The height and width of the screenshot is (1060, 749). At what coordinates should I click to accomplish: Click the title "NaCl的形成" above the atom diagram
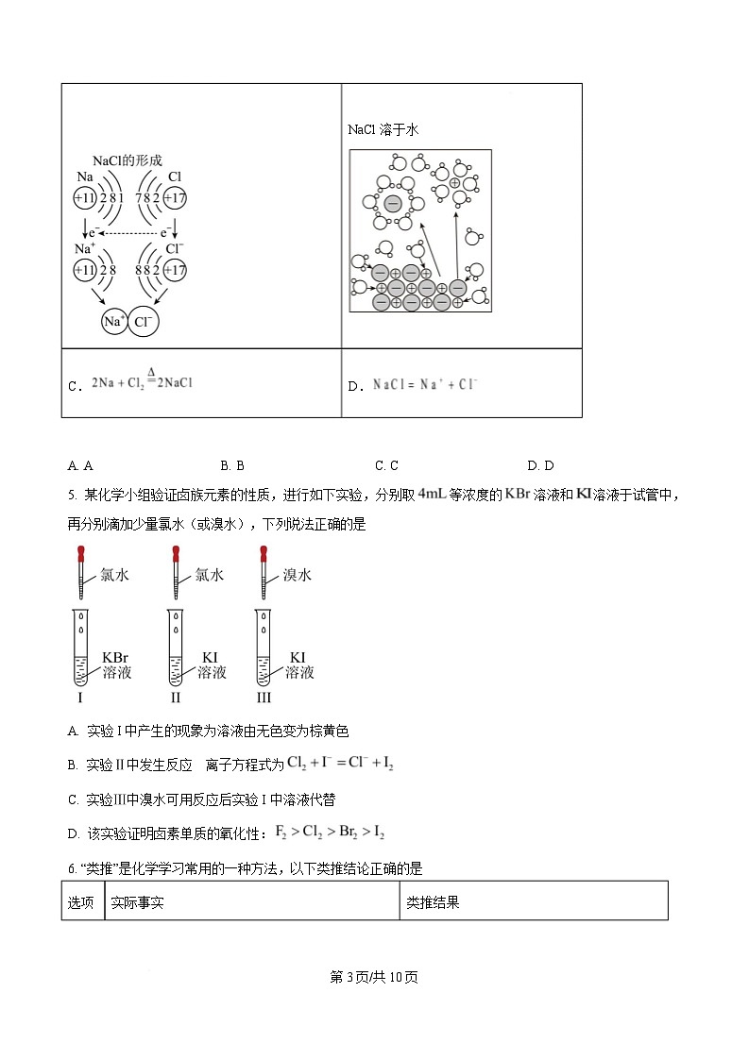pos(127,160)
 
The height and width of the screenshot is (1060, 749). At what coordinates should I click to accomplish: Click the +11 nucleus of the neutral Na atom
pos(85,198)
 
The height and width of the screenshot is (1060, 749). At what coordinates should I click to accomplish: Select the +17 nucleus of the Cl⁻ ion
pos(175,270)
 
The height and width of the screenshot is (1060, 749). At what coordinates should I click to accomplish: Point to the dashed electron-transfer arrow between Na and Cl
pos(128,232)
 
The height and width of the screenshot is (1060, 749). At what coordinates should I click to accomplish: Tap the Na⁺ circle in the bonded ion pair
pos(113,321)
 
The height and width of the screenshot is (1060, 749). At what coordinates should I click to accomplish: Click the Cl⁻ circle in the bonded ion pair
pos(143,321)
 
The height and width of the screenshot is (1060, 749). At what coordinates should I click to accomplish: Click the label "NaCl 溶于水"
pos(383,129)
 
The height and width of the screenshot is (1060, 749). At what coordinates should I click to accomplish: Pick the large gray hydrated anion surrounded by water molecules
pos(393,203)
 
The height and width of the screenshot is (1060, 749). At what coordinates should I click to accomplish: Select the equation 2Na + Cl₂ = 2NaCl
pos(142,382)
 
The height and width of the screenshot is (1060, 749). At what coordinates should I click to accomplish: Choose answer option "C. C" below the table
pos(386,464)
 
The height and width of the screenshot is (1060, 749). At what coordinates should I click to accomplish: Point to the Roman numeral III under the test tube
pos(264,698)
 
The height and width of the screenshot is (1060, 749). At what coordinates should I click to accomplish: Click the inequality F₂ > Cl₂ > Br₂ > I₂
pos(329,832)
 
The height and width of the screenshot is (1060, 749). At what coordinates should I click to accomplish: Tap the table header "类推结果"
pos(433,901)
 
